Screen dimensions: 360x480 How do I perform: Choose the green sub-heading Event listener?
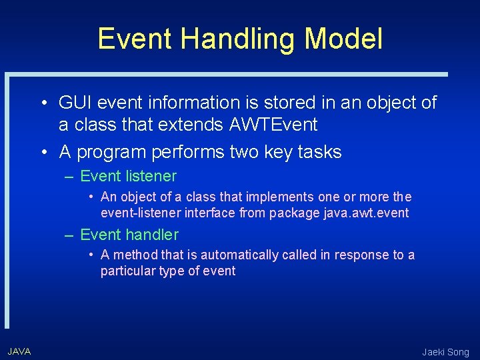(128, 177)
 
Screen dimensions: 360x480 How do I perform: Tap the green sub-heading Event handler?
(129, 235)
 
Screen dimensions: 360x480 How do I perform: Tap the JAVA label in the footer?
(19, 351)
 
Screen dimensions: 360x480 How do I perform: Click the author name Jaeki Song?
(445, 352)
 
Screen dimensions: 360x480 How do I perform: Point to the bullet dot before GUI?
(42, 103)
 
